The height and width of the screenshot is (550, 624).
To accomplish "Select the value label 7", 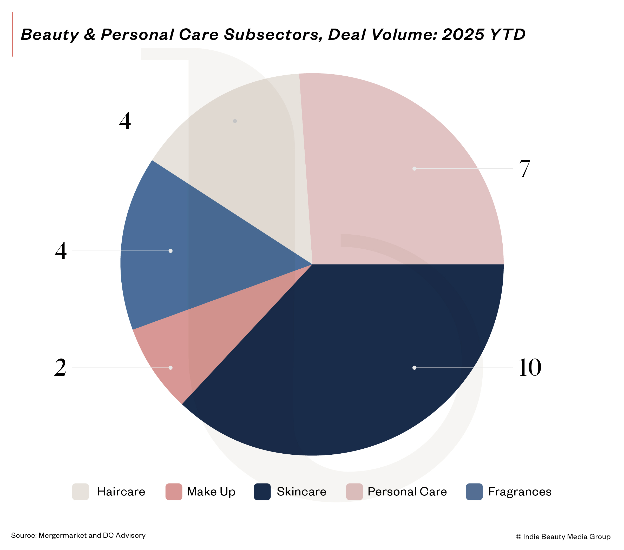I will coord(525,168).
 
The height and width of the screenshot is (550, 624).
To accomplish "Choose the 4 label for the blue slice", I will coord(61,251).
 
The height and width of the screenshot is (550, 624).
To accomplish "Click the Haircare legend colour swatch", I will coord(80,492).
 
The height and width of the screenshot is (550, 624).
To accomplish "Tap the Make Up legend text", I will coord(211,492).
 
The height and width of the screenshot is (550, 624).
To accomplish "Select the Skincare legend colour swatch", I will coord(262,492).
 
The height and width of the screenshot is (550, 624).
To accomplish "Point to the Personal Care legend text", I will coord(407,492).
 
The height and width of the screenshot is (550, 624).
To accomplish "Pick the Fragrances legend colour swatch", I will coord(474,492).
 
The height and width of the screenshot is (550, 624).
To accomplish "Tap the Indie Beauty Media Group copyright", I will coord(563,536).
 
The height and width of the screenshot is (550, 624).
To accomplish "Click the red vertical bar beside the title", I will coord(12,34).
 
